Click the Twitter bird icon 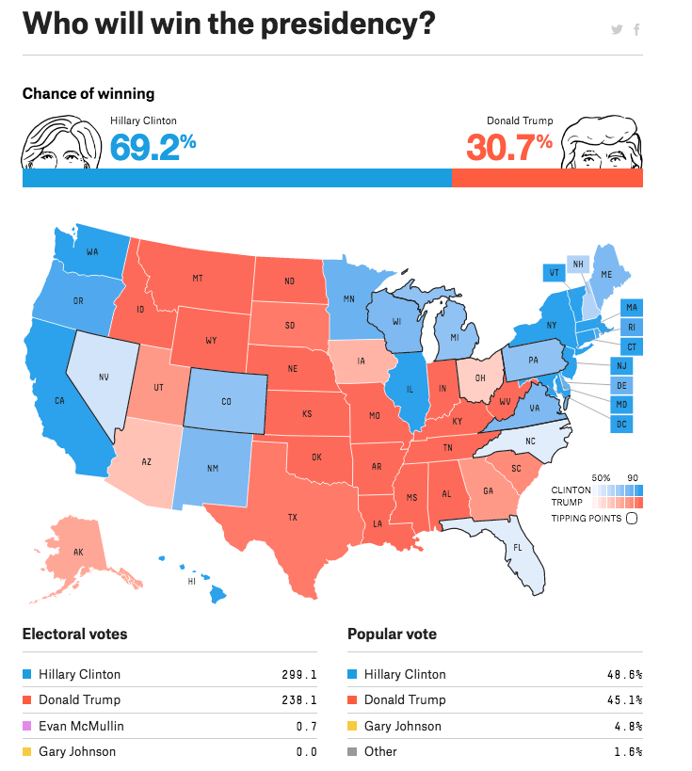click(x=617, y=30)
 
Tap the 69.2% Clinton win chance click(x=153, y=147)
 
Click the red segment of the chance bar click(x=547, y=178)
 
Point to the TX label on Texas click(x=292, y=517)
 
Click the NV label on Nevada click(x=104, y=377)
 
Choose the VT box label click(x=554, y=273)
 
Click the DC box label click(x=620, y=425)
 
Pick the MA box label click(x=632, y=308)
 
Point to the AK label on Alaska click(x=78, y=553)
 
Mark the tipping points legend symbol click(x=632, y=517)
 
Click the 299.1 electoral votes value click(x=298, y=675)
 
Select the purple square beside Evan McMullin click(x=27, y=727)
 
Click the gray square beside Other click(x=353, y=752)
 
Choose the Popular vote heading click(x=392, y=634)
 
